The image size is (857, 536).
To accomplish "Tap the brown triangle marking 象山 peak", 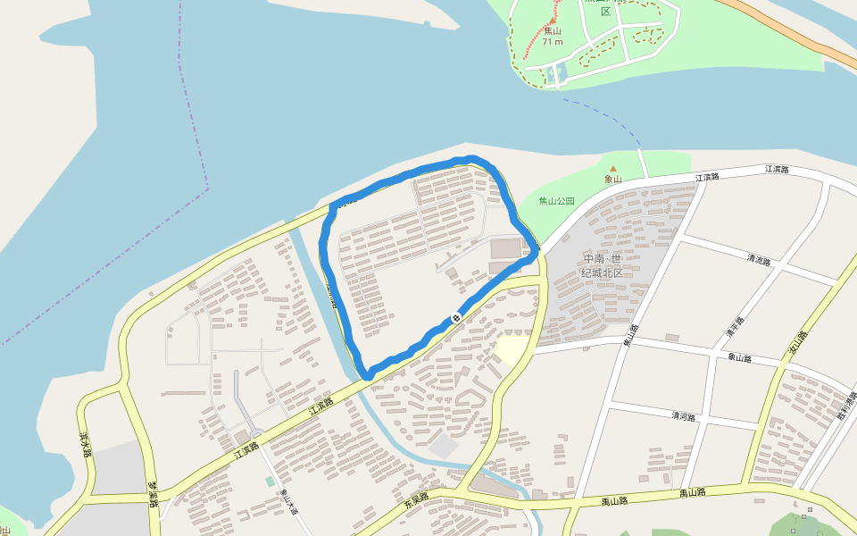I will [x=612, y=167].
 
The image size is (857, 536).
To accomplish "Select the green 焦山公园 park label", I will [x=557, y=202].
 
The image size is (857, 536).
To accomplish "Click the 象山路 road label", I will [x=739, y=357].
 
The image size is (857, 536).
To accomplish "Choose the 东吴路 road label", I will [x=416, y=499].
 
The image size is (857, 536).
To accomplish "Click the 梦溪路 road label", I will [x=153, y=494].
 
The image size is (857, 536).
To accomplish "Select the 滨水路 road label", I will [x=86, y=445].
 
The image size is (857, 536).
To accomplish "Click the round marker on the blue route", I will [x=456, y=317].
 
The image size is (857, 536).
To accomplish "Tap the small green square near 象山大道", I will [x=270, y=482].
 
